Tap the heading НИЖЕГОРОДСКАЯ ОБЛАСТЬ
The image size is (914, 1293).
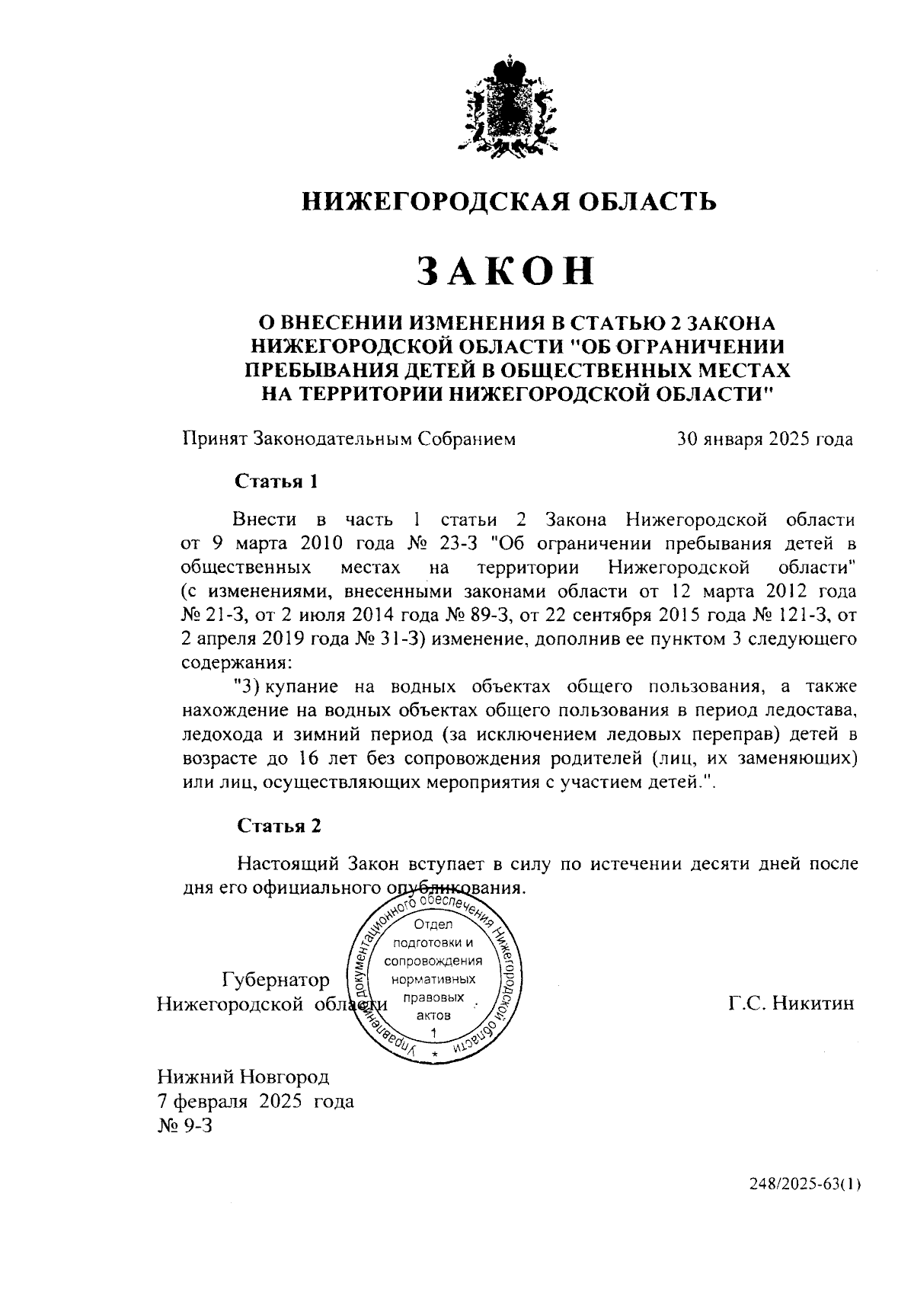[x=510, y=200]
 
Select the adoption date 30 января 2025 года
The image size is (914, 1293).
[x=765, y=440]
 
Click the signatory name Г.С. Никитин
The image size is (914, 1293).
[x=791, y=1003]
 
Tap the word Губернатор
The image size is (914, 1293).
[x=276, y=980]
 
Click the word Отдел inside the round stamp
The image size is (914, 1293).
[x=433, y=924]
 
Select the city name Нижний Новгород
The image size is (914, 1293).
[x=243, y=1077]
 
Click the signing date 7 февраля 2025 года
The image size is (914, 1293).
[x=255, y=1101]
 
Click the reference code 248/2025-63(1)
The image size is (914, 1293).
[x=805, y=1206]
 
